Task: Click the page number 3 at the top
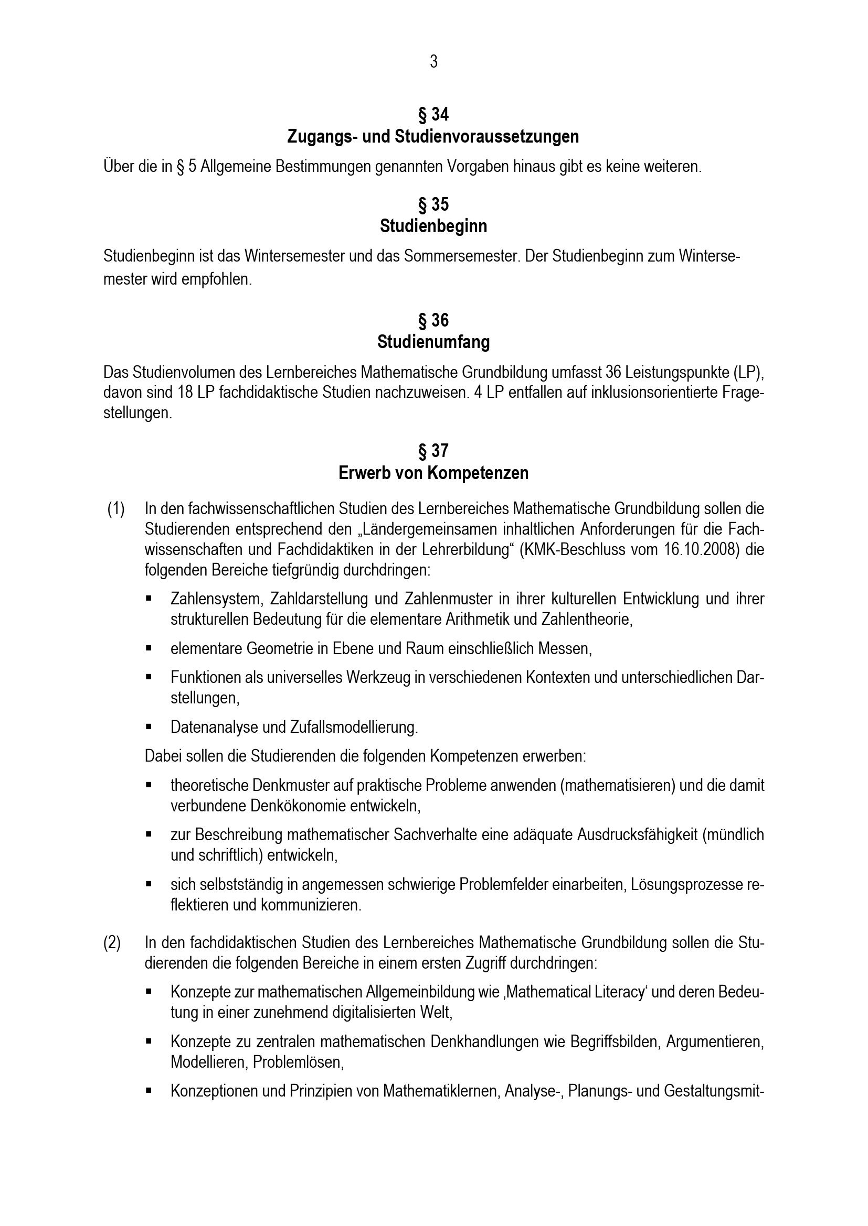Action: [433, 62]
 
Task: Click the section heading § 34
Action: [433, 114]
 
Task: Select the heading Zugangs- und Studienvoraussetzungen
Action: [433, 137]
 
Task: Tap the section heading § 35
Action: [433, 204]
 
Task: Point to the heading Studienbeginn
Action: [433, 226]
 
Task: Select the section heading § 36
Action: [433, 320]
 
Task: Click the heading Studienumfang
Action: [433, 342]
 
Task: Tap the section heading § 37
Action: [433, 451]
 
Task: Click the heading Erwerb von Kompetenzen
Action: [433, 473]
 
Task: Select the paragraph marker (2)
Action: [112, 943]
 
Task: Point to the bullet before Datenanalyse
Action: [149, 726]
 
